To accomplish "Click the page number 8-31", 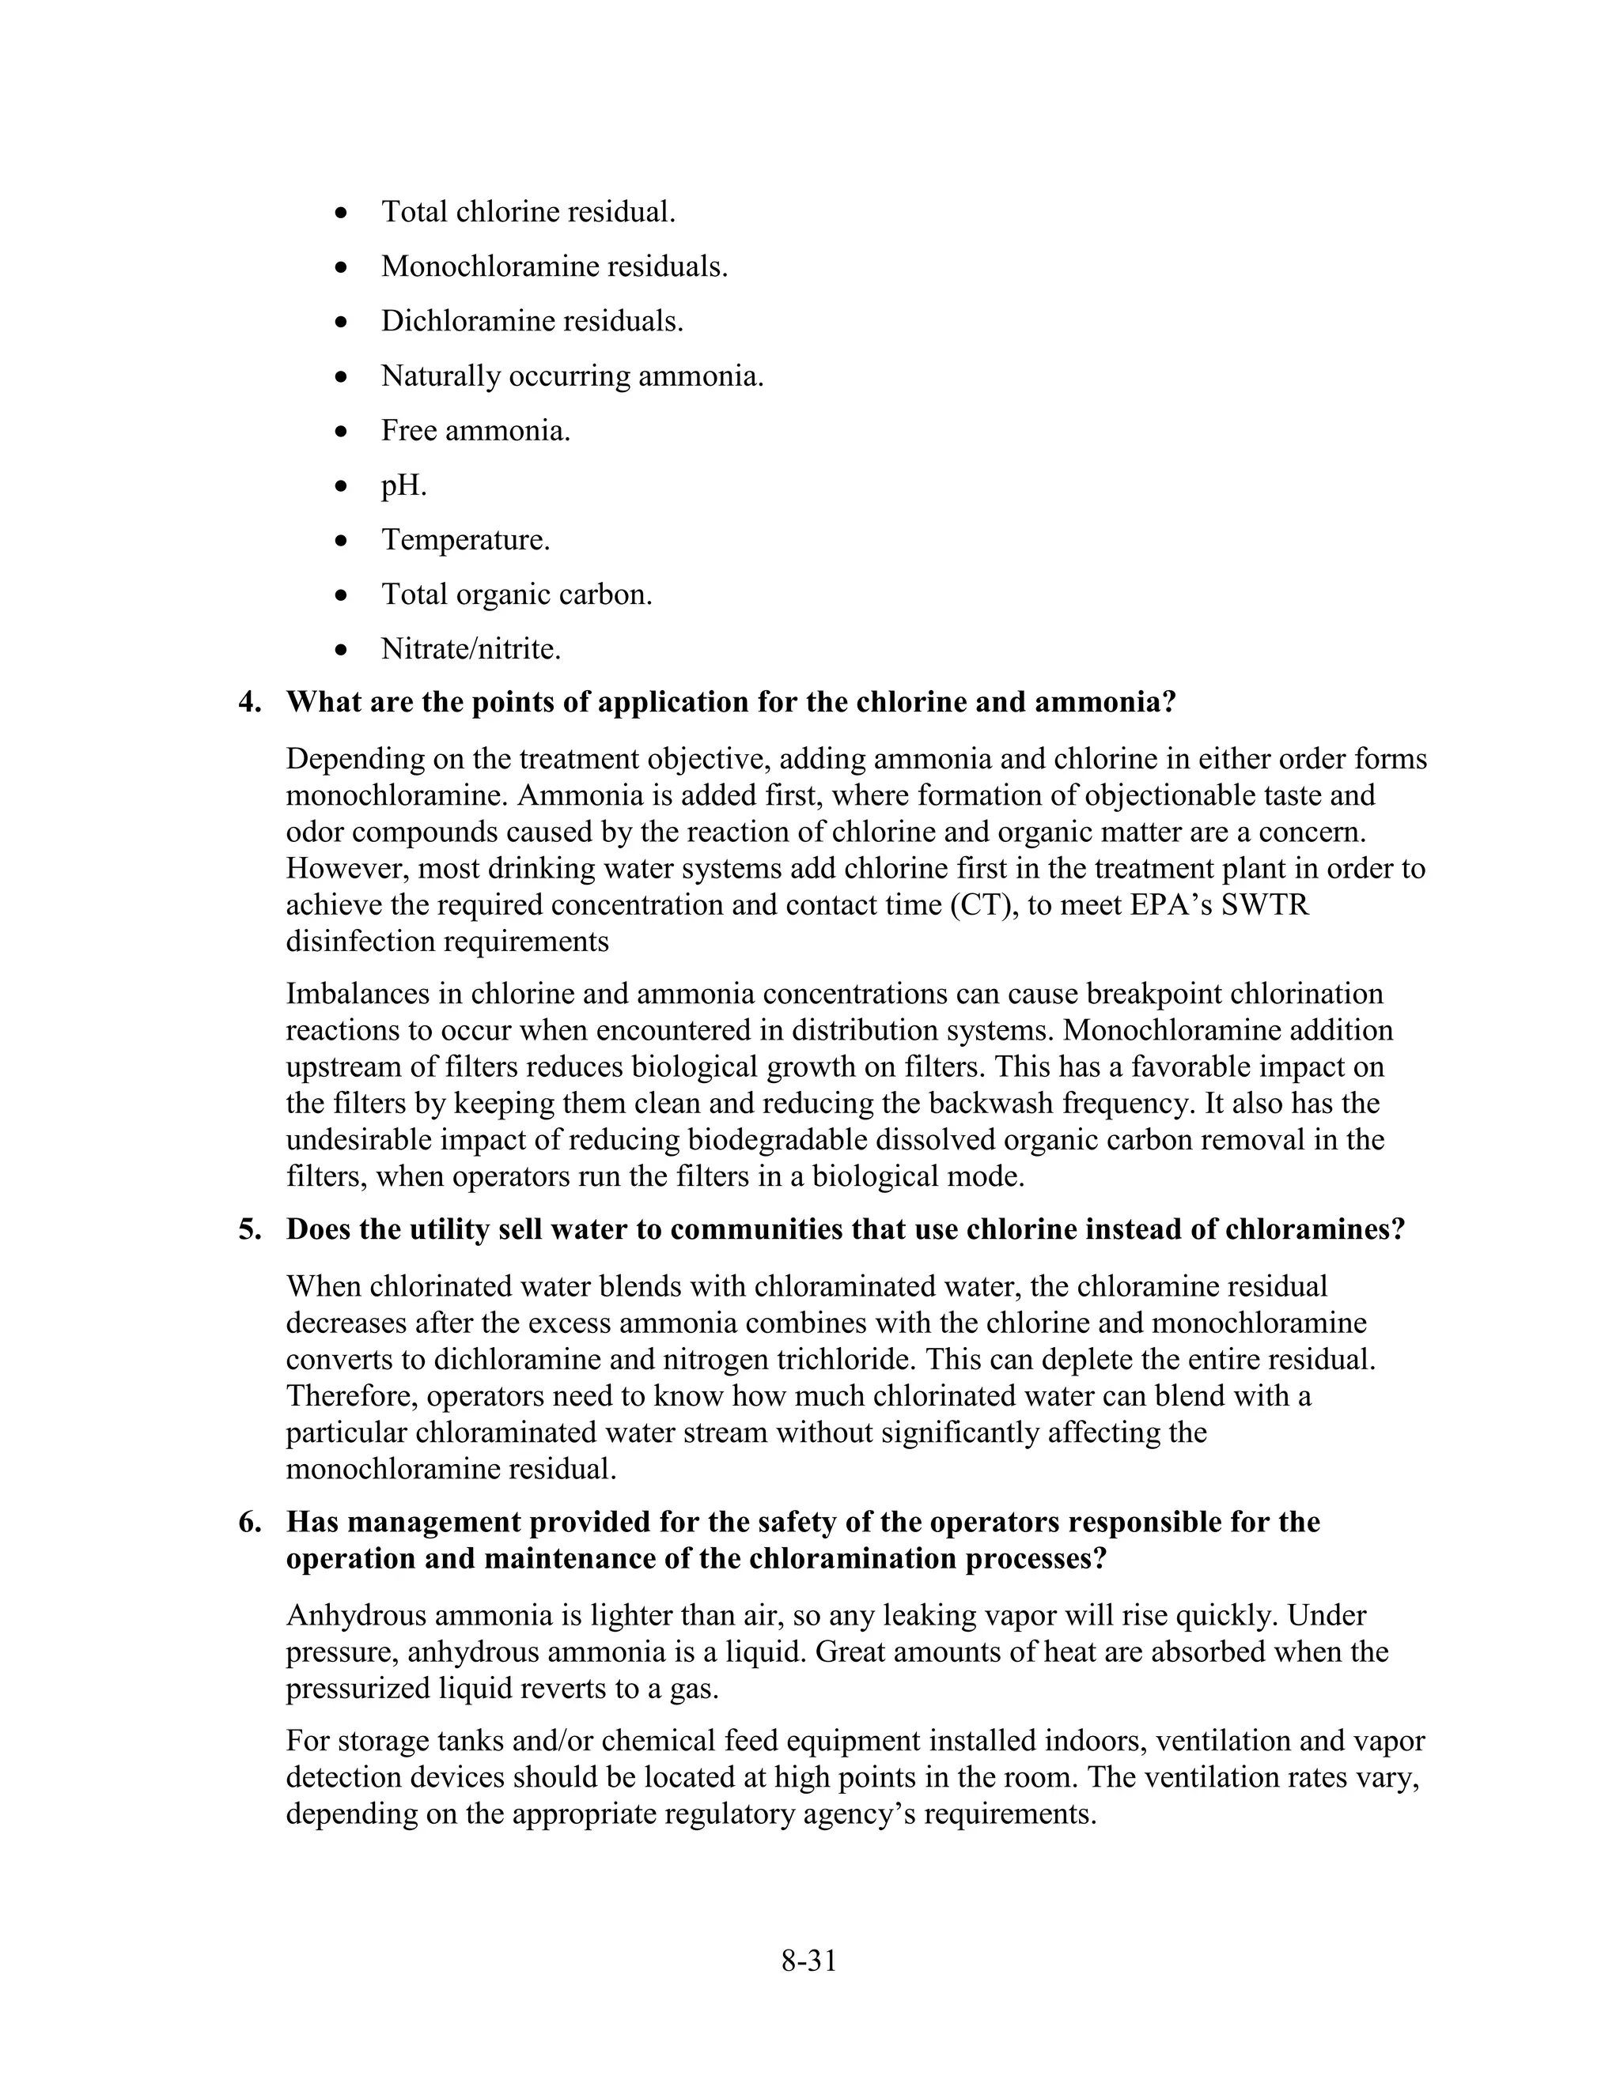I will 808,1961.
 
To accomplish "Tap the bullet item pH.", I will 403,485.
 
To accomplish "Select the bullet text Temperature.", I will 465,539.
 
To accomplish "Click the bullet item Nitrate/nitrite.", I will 471,649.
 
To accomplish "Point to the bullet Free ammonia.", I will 475,431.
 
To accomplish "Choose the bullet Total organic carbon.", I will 517,595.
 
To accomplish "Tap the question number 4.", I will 248,702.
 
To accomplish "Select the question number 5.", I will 248,1230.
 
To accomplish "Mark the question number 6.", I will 248,1523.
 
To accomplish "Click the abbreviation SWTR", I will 1265,904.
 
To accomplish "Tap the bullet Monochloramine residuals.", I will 554,266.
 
